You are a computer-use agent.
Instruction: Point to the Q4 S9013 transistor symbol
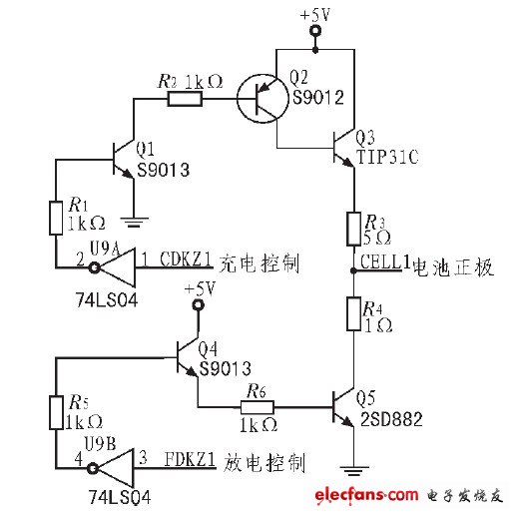(188, 357)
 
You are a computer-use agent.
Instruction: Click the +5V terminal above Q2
(315, 33)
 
